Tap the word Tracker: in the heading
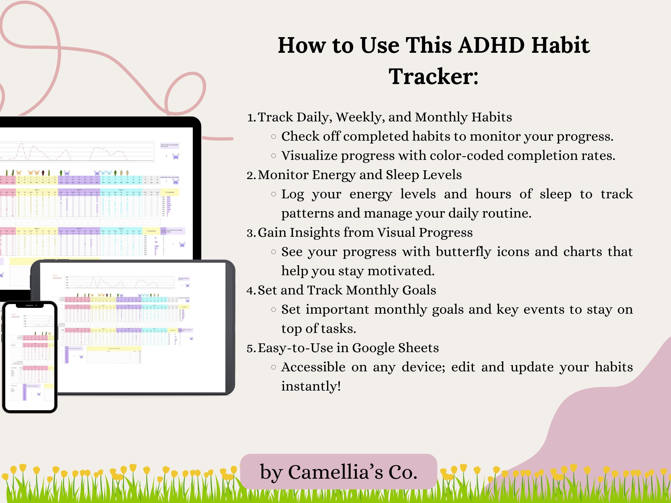[433, 77]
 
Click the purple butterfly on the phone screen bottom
[38, 394]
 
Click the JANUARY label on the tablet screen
[57, 278]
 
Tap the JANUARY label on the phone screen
[15, 317]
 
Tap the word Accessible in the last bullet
[313, 367]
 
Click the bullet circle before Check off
[273, 137]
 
